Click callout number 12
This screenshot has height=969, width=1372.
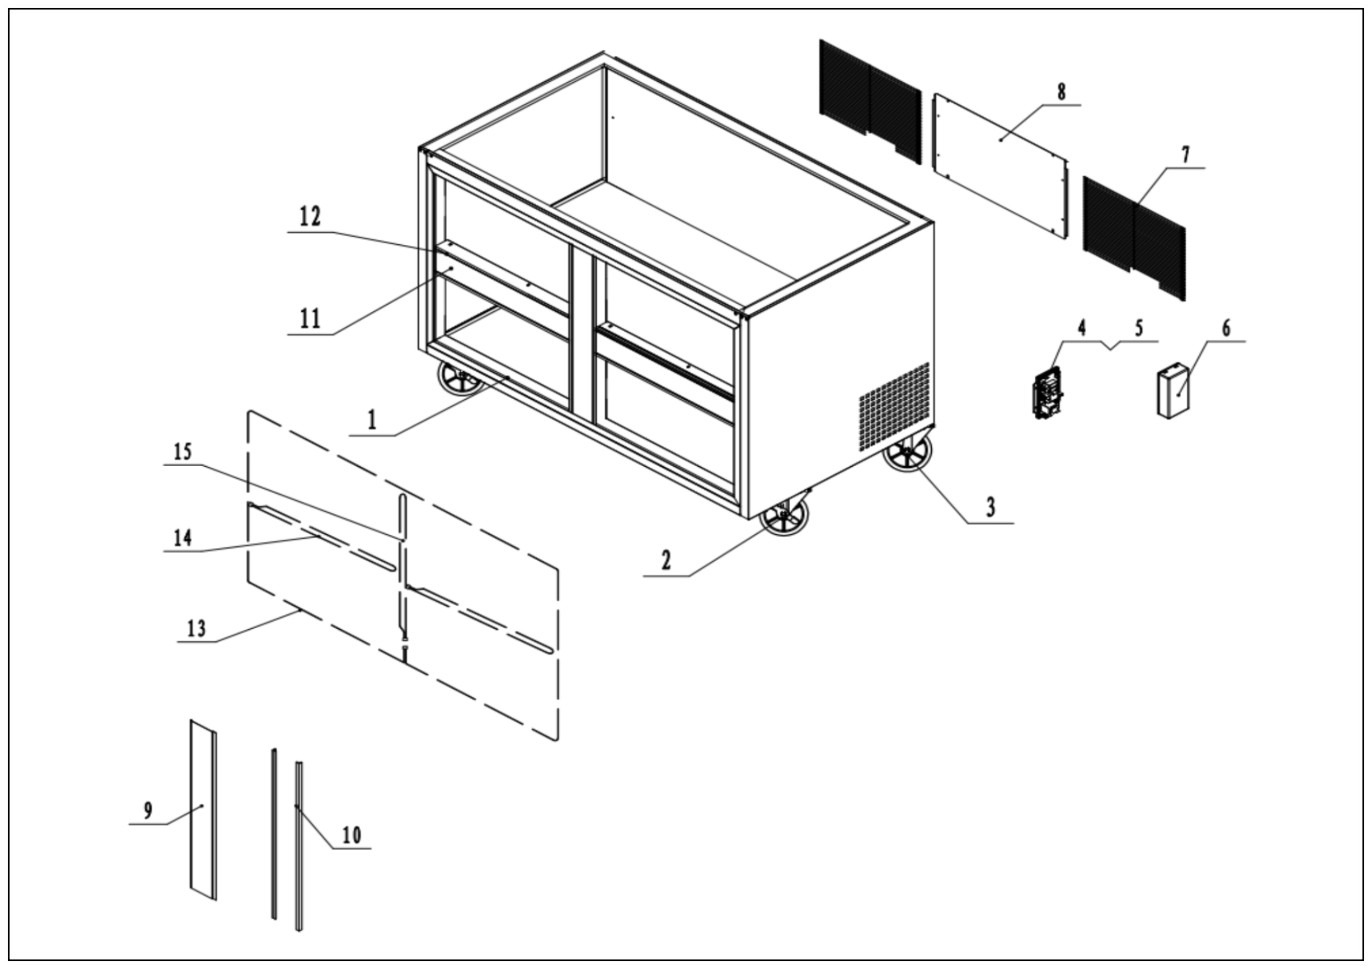pos(310,216)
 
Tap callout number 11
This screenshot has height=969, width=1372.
pos(310,319)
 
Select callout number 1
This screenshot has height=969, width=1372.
pos(372,420)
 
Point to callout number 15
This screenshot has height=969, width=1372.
pos(183,452)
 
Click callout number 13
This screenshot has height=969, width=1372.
pos(197,629)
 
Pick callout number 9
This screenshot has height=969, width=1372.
pos(147,811)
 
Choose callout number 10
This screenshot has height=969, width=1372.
pos(352,835)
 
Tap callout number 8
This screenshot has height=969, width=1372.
pos(1060,92)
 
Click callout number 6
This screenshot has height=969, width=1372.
pos(1226,328)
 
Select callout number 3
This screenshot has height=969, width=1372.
pos(990,507)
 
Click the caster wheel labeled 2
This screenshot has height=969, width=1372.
pos(784,518)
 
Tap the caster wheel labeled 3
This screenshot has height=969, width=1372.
pos(907,453)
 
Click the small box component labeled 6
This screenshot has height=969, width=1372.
pos(1172,392)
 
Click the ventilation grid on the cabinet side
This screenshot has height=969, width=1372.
pos(894,406)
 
